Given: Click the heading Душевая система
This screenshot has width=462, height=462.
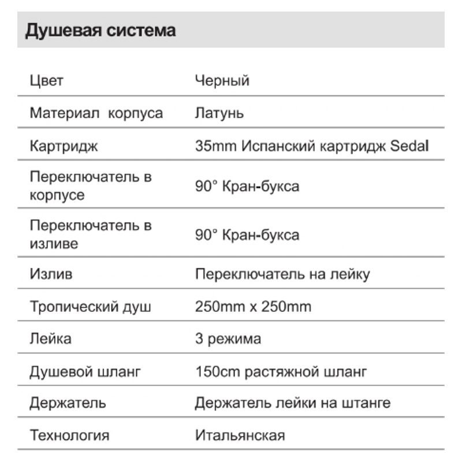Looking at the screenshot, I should point(100,30).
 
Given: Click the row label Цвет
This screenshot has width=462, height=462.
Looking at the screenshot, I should point(46,81).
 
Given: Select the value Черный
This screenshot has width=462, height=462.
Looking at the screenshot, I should point(222,81).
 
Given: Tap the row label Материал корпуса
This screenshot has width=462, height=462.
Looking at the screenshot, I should point(96,113).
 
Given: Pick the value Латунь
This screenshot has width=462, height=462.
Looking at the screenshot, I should point(219,113).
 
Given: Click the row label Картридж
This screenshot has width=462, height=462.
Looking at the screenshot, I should point(64,146).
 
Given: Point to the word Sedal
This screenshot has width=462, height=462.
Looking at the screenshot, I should point(409,146).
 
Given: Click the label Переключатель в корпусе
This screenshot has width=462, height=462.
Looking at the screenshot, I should point(90,186).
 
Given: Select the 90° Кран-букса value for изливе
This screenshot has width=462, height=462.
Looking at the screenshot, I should point(247,235).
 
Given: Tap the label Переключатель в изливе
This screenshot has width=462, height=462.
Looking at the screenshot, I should point(90,234).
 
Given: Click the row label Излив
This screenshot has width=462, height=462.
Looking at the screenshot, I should point(51,274).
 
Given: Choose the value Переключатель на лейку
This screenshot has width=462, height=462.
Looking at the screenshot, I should point(282,274).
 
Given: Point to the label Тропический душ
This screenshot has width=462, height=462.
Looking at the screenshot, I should point(90,306).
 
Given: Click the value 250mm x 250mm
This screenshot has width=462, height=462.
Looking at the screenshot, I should point(253,306).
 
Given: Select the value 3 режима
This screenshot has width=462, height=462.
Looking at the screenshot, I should point(228,338).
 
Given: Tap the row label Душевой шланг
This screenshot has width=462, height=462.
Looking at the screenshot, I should point(85,371).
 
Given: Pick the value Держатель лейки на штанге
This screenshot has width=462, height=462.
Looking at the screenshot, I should point(292,403).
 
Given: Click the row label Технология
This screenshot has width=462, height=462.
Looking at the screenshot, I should point(69,435).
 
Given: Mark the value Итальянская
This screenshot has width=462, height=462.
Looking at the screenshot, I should point(240,435).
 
